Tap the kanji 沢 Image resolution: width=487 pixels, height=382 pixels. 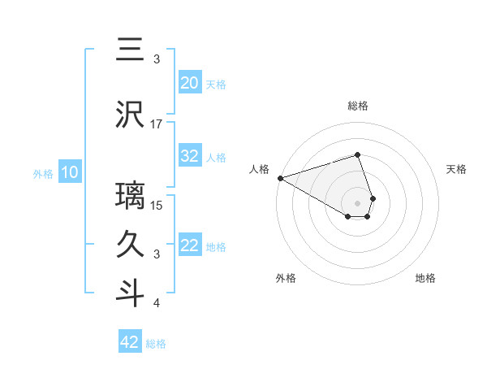130,114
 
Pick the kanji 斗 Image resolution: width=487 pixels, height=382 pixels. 130,293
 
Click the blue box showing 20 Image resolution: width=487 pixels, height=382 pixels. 189,83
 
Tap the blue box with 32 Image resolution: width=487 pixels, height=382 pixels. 189,156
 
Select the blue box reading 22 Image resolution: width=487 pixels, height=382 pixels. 189,246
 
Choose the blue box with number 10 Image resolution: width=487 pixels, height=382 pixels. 69,172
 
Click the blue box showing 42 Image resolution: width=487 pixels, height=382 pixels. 130,342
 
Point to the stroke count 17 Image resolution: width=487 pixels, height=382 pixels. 157,124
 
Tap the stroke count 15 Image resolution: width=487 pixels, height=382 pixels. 157,205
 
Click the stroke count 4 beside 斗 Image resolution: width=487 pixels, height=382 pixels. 157,304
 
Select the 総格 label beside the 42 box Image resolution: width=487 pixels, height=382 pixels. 156,344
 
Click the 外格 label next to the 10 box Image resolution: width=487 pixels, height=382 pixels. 43,173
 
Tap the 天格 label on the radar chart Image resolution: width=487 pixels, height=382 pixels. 457,169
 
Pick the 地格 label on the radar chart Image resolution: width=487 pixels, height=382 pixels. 425,278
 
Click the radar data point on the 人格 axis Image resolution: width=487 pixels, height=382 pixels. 280,177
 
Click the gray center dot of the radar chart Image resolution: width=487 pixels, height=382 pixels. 358,202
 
